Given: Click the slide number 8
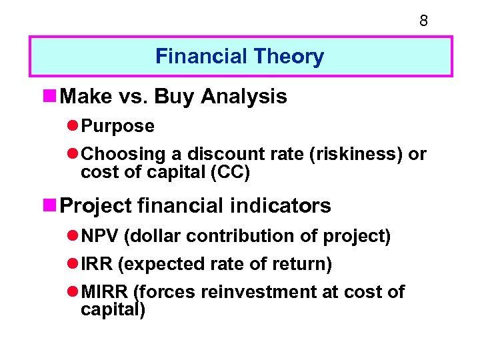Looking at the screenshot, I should (423, 21).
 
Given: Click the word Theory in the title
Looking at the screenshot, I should (293, 57).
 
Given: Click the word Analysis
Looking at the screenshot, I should (244, 97).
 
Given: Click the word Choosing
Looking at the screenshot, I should (123, 154).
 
